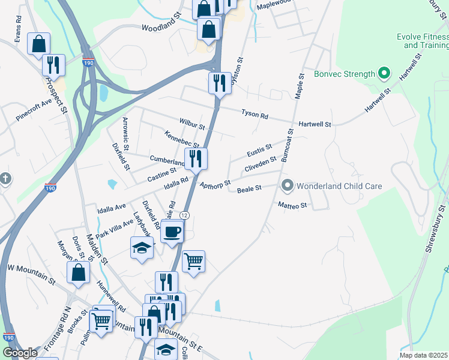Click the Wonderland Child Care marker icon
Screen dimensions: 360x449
[x=288, y=186]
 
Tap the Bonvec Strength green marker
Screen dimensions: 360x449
[x=384, y=75]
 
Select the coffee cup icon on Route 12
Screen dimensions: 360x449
[x=172, y=231]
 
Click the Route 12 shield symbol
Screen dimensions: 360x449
[x=184, y=215]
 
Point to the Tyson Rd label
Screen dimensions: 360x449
[x=255, y=113]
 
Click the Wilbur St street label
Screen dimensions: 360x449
[x=191, y=127]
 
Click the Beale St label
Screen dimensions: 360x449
[x=249, y=189]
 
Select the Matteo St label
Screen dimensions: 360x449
[x=292, y=205]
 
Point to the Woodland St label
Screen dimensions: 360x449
[x=161, y=28]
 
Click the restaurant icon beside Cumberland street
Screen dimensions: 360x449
[x=196, y=159]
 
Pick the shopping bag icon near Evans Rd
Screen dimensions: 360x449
[x=38, y=44]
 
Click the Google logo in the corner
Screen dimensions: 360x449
[x=20, y=353]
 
